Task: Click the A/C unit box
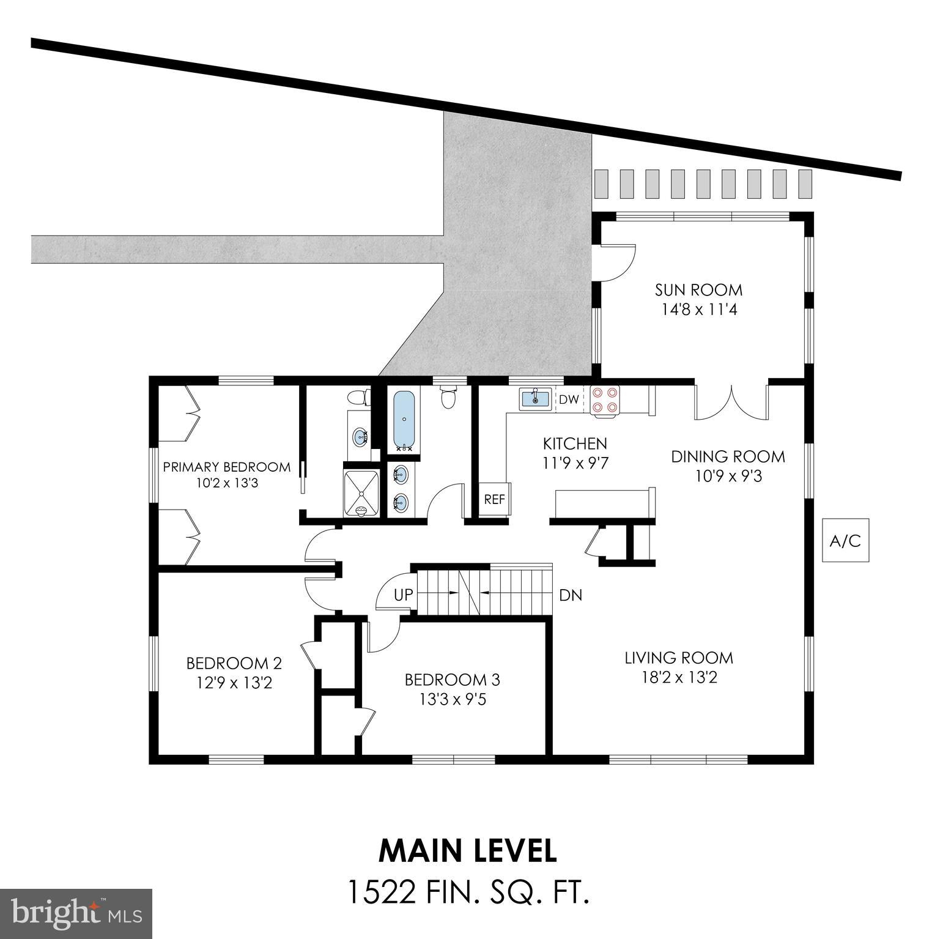pyautogui.click(x=845, y=540)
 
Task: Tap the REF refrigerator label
pyautogui.click(x=494, y=499)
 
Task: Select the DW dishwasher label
pyautogui.click(x=568, y=400)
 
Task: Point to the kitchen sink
pyautogui.click(x=536, y=399)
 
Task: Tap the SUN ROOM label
pyautogui.click(x=698, y=289)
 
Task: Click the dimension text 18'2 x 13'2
pyautogui.click(x=678, y=678)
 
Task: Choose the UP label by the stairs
pyautogui.click(x=402, y=595)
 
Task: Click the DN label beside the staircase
pyautogui.click(x=570, y=595)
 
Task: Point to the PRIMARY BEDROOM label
pyautogui.click(x=226, y=467)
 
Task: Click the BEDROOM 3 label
pyautogui.click(x=452, y=680)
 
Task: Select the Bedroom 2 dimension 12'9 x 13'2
pyautogui.click(x=234, y=682)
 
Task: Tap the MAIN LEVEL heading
pyautogui.click(x=468, y=850)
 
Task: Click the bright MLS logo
pyautogui.click(x=76, y=913)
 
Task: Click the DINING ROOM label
pyautogui.click(x=728, y=456)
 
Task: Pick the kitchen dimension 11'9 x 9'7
pyautogui.click(x=575, y=462)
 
